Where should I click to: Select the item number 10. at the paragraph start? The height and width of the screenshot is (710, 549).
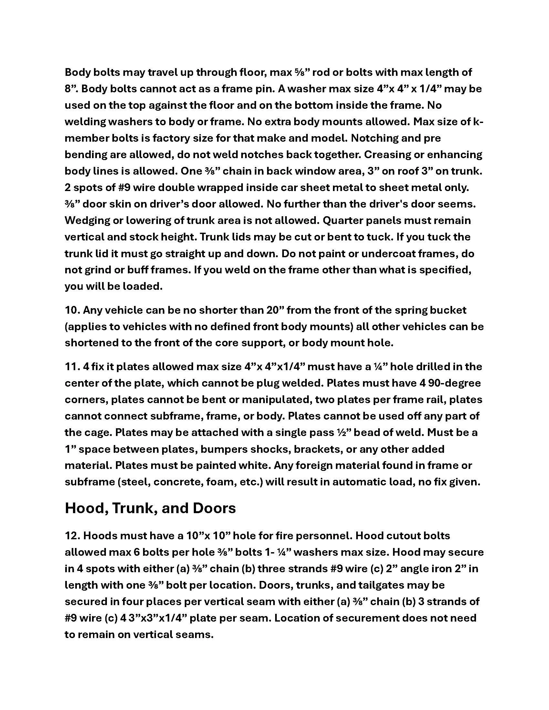(x=72, y=310)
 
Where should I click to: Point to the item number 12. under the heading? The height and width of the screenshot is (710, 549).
(x=72, y=536)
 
